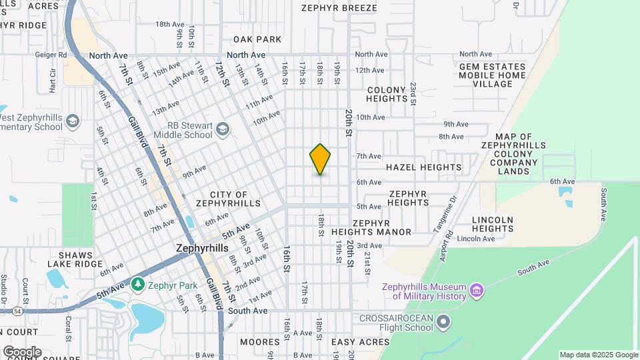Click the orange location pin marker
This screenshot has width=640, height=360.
pos(321,159)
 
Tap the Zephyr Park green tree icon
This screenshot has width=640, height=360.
pos(138,285)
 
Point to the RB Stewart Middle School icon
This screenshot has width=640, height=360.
pos(222,128)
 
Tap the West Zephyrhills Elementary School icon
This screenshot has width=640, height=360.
pos(72,121)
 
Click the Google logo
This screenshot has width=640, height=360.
pos(21,351)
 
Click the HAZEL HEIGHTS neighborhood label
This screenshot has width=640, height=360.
pos(423,167)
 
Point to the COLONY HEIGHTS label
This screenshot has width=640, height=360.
pos(387,94)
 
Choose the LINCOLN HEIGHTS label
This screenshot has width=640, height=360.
pos(493,224)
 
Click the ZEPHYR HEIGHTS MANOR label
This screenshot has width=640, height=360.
pos(372,227)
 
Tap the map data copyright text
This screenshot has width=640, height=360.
pos(599,355)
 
